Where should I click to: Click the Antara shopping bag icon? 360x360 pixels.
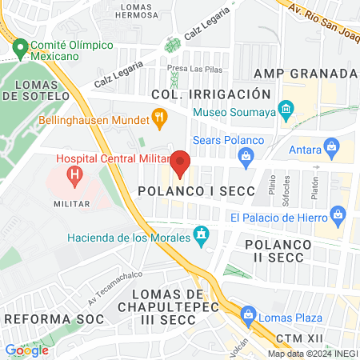coord(332,146)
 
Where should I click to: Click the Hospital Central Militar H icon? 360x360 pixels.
coord(74,173)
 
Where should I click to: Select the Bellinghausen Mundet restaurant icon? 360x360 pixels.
coord(159,122)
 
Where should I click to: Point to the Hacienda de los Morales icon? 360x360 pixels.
coord(202,236)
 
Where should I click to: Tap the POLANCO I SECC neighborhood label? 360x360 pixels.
coord(196,192)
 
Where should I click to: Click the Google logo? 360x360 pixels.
coord(26,350)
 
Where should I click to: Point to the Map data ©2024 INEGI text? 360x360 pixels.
coord(312,354)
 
